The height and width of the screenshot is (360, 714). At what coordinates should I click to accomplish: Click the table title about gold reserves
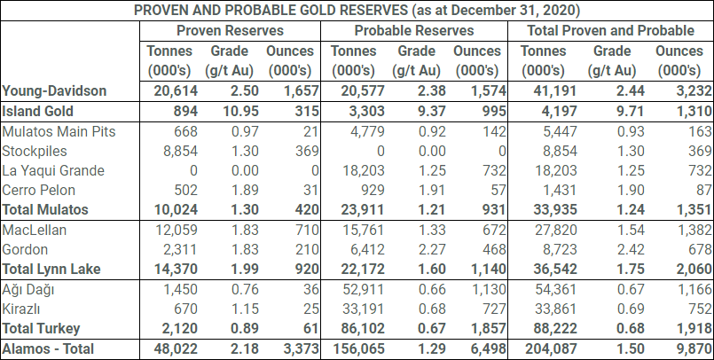click(x=357, y=11)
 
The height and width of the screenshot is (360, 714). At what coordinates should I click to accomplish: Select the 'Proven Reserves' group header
click(x=228, y=30)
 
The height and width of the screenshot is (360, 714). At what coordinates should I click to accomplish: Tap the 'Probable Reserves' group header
click(x=414, y=30)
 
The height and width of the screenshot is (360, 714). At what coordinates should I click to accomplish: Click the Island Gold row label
click(x=37, y=111)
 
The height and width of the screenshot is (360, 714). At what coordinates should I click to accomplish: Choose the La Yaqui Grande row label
click(x=53, y=170)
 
